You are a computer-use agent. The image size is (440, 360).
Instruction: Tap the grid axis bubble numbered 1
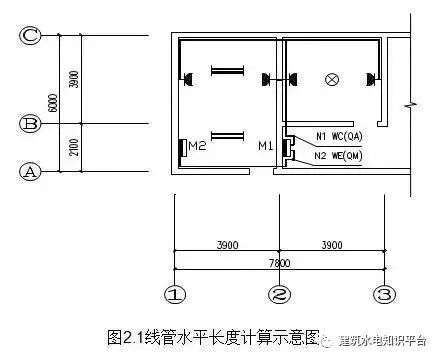pyautogui.click(x=175, y=294)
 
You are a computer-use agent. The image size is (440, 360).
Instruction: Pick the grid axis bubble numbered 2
pyautogui.click(x=278, y=294)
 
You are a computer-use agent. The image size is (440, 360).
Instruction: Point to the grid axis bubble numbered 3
pyautogui.click(x=383, y=294)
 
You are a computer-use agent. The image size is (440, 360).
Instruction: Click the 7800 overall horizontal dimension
pyautogui.click(x=279, y=262)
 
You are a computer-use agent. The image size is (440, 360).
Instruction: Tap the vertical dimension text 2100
pyautogui.click(x=73, y=147)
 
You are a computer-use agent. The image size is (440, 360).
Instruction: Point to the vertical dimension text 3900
pyautogui.click(x=73, y=80)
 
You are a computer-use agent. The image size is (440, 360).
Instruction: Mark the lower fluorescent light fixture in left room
pyautogui.click(x=226, y=134)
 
